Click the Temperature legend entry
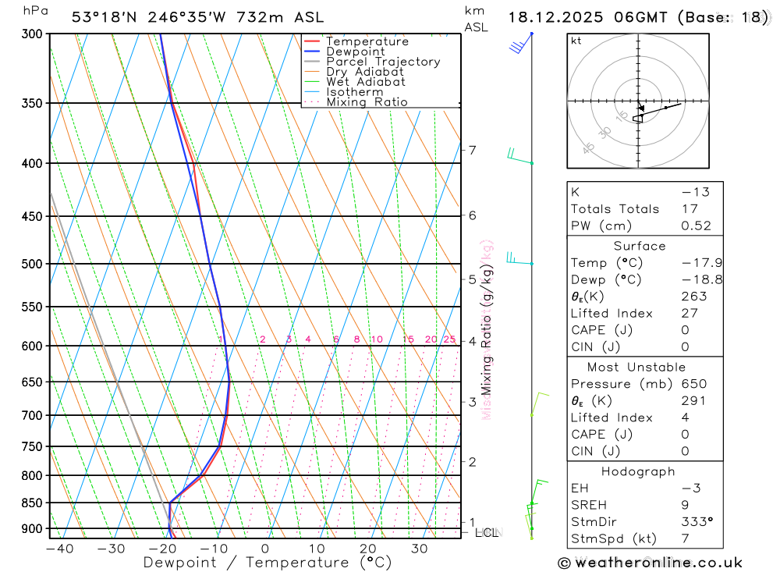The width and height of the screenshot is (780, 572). click(367, 41)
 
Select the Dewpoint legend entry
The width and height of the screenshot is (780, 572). click(355, 52)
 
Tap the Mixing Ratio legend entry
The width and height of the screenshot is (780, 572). click(367, 101)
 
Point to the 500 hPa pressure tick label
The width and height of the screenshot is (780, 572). click(34, 264)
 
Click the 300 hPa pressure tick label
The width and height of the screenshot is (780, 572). click(34, 34)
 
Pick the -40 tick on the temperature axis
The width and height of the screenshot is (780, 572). click(59, 549)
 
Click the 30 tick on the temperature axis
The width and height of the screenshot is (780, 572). click(420, 549)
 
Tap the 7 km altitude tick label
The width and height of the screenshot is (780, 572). click(472, 150)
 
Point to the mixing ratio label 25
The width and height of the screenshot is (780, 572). click(449, 339)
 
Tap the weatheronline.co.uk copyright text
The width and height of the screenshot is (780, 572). click(650, 563)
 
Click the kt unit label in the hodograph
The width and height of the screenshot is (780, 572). click(576, 41)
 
